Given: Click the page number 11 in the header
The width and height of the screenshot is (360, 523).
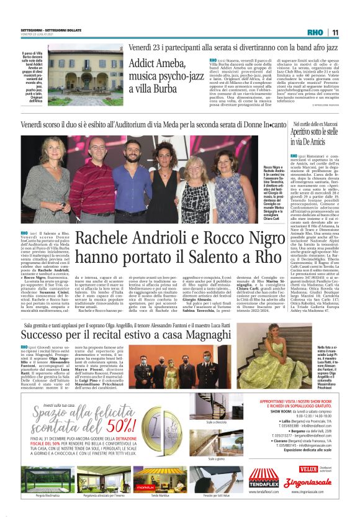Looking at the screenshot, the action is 335,32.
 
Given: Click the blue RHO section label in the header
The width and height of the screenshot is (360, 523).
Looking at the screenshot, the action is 315,32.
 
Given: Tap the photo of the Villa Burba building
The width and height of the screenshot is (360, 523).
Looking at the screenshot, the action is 84,70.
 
